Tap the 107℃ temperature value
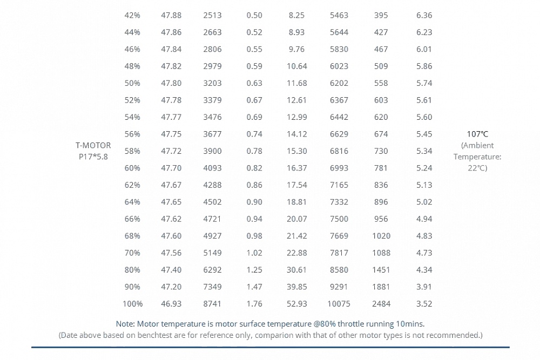[x=477, y=134]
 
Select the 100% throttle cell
[x=132, y=303]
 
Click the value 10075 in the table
[x=339, y=303]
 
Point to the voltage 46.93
[x=171, y=303]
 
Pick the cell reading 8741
[x=212, y=303]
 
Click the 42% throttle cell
[x=132, y=15]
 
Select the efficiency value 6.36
[x=424, y=15]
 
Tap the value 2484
[x=381, y=303]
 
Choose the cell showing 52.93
[x=297, y=303]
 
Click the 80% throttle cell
[x=132, y=269]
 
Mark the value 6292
[x=212, y=269]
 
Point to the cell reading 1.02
[x=254, y=253]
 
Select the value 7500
[x=339, y=219]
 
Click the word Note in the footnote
[x=125, y=324]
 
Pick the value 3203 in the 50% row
[x=212, y=83]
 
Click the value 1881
[x=381, y=287]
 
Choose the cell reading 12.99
[x=297, y=117]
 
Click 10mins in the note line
[x=410, y=324]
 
